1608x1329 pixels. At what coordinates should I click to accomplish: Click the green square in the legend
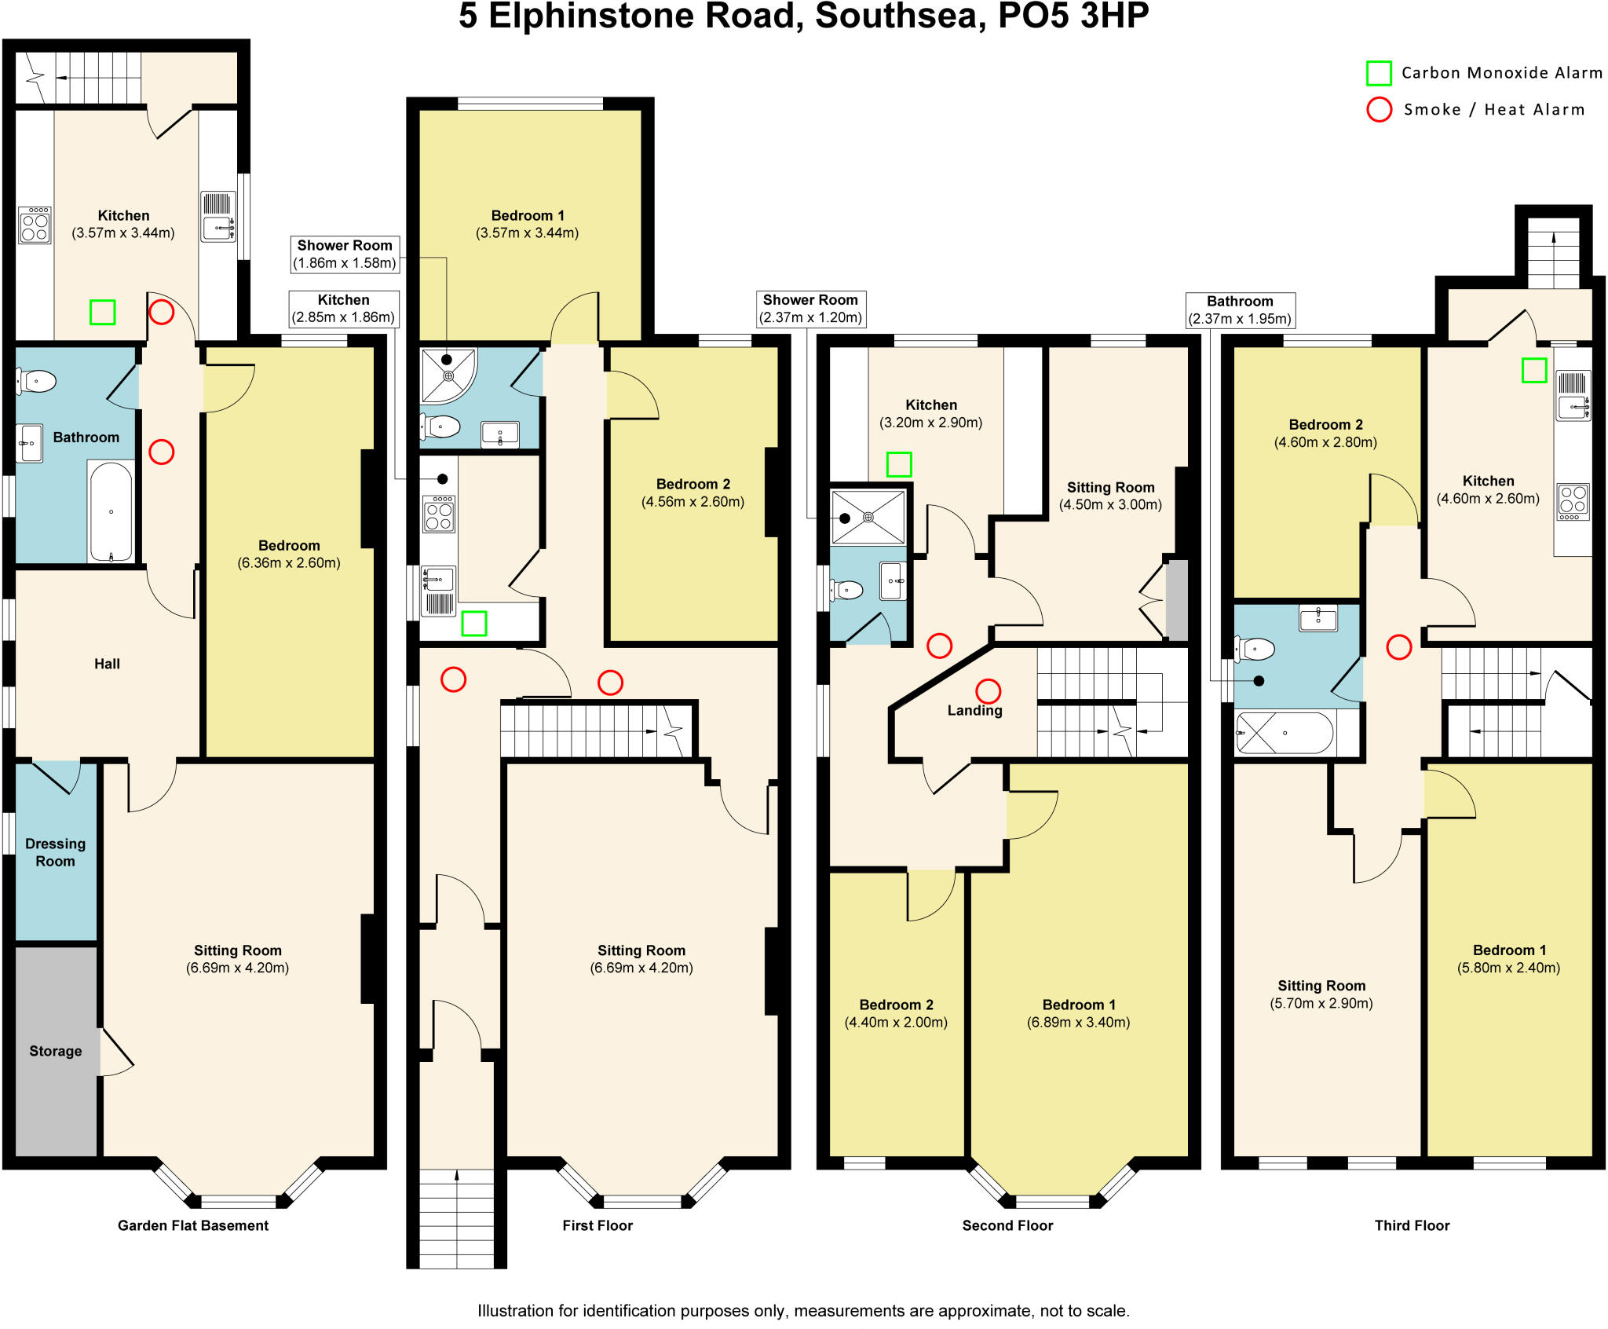pos(1379,73)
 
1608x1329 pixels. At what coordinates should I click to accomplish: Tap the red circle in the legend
pos(1379,109)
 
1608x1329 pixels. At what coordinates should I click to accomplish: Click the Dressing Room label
pos(55,852)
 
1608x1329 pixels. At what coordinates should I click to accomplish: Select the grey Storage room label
pos(55,1051)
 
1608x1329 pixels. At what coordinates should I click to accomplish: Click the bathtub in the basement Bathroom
pos(111,511)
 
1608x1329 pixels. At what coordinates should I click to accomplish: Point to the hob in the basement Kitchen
pos(35,225)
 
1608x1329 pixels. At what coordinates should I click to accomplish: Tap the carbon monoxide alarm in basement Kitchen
pos(102,312)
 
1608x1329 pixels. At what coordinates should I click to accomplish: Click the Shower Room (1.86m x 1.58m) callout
pos(344,254)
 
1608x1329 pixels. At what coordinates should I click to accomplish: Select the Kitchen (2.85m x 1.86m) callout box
pos(344,309)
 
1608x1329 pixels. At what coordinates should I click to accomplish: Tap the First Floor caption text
pos(597,1225)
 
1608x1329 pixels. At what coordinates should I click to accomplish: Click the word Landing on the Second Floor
pos(974,710)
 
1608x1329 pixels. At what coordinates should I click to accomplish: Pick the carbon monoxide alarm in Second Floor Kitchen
pos(898,464)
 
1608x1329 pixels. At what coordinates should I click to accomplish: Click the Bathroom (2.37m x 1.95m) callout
pos(1239,309)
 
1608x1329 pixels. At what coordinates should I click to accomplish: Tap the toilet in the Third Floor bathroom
pos(1255,650)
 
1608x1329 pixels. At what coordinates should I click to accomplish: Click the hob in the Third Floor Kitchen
pos(1573,502)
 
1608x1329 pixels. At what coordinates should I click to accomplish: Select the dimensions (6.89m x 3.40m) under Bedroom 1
pos(1078,1022)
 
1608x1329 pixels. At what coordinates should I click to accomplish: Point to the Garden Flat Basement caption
pos(192,1225)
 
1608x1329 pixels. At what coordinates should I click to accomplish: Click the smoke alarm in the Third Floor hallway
pos(1398,647)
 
